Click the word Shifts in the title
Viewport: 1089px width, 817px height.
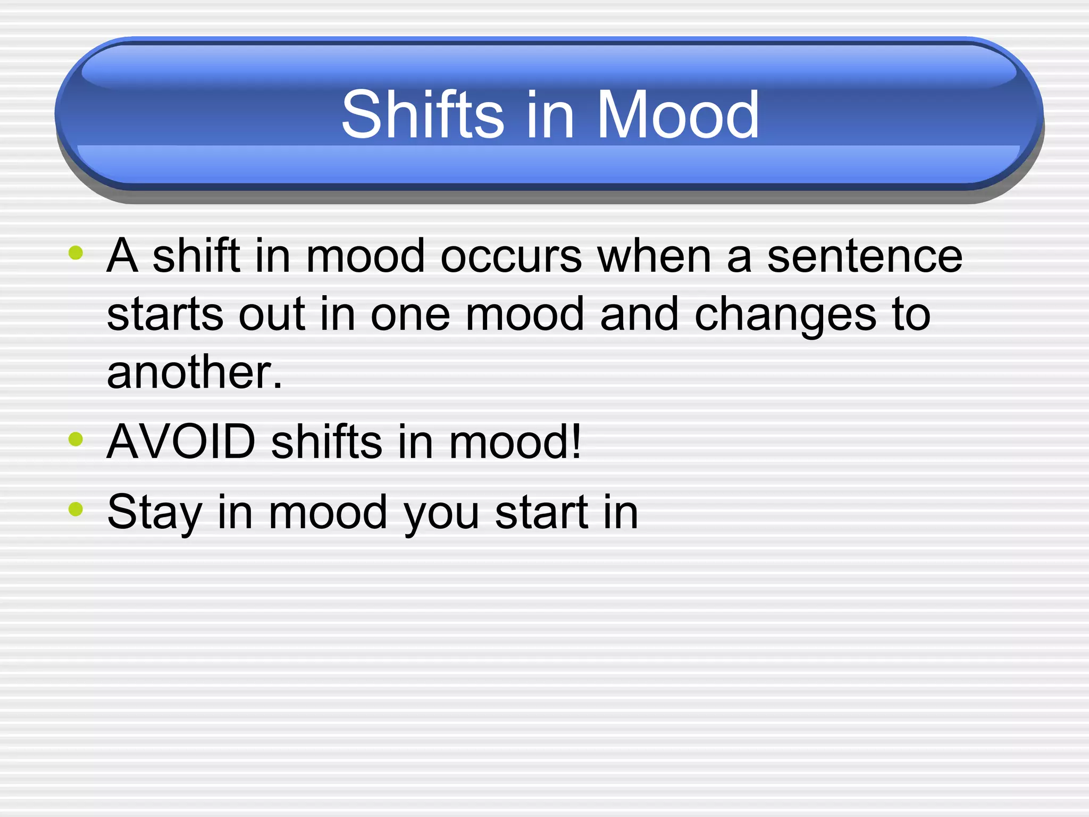pyautogui.click(x=423, y=114)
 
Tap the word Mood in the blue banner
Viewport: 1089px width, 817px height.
pyautogui.click(x=678, y=114)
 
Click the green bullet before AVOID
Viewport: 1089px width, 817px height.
pyautogui.click(x=76, y=439)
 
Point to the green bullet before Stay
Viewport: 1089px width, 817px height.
pyautogui.click(x=76, y=509)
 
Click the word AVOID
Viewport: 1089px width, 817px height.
pyautogui.click(x=181, y=441)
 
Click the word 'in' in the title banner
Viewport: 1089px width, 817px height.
pyautogui.click(x=550, y=114)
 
